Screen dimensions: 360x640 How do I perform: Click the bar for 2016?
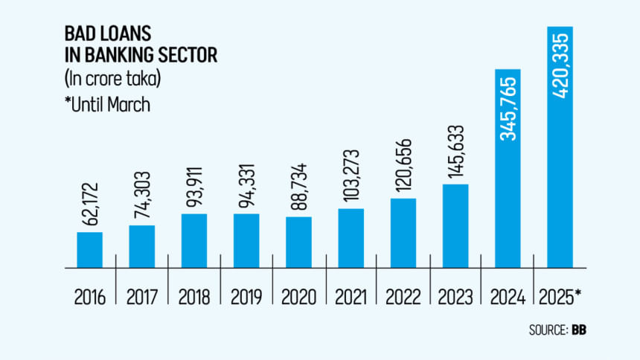tap(89, 250)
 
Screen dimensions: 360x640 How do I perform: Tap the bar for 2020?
tap(298, 242)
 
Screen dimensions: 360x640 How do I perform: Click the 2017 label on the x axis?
tap(141, 296)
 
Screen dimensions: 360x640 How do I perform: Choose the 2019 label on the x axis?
tap(246, 296)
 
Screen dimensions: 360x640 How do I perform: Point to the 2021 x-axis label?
tap(351, 296)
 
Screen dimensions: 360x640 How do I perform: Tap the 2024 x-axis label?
tap(508, 296)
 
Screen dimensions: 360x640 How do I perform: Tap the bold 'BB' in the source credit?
tap(578, 329)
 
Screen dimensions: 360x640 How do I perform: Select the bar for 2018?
tap(194, 240)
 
